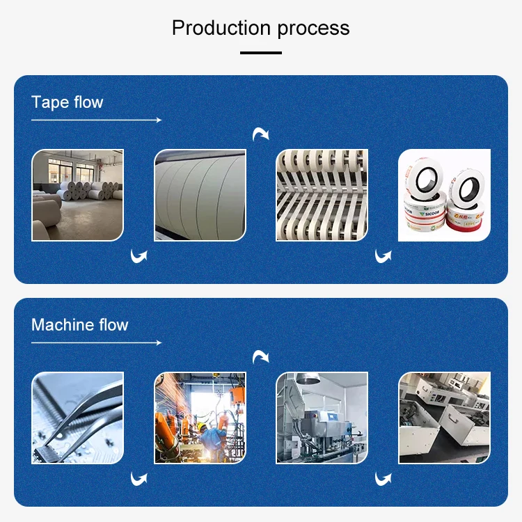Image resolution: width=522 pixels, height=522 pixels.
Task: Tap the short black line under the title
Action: pyautogui.click(x=261, y=52)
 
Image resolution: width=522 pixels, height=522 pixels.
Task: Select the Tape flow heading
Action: pyautogui.click(x=67, y=102)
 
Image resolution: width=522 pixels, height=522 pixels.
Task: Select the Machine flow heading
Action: pyautogui.click(x=79, y=325)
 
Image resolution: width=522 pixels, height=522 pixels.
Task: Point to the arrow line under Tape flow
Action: pyautogui.click(x=96, y=120)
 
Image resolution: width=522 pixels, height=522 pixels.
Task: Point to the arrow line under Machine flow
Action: pyautogui.click(x=96, y=343)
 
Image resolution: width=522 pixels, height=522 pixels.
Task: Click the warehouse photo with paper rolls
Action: pyautogui.click(x=77, y=195)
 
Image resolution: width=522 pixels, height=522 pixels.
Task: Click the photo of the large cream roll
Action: pyautogui.click(x=200, y=195)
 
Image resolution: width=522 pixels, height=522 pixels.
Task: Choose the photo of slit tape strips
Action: pyautogui.click(x=322, y=195)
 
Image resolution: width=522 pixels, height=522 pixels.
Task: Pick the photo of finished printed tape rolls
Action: pyautogui.click(x=444, y=195)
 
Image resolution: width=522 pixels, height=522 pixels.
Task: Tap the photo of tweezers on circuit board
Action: pyautogui.click(x=77, y=418)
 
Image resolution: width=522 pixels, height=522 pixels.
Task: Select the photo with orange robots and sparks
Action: pyautogui.click(x=200, y=418)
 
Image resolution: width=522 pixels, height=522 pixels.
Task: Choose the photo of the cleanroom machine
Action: pyautogui.click(x=322, y=418)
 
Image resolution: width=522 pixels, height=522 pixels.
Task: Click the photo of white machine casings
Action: pyautogui.click(x=444, y=418)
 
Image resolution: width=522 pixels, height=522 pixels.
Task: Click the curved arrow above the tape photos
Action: pyautogui.click(x=260, y=134)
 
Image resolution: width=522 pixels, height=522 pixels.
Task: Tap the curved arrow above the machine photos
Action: pyautogui.click(x=260, y=356)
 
